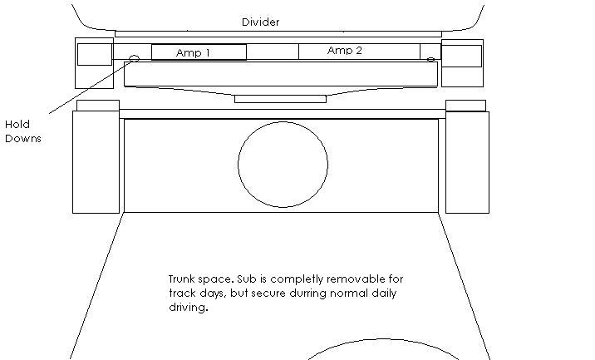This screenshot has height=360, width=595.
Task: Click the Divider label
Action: point(260,22)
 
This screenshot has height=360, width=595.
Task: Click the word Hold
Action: point(17,124)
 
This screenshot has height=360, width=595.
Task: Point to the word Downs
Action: point(23,138)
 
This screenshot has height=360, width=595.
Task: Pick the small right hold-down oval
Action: point(430,59)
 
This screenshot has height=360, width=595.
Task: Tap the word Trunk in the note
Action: point(182,279)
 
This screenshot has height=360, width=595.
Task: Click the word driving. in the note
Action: point(189,308)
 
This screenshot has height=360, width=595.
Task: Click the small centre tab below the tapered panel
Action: point(280,99)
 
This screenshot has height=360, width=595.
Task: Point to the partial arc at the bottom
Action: point(383,339)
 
